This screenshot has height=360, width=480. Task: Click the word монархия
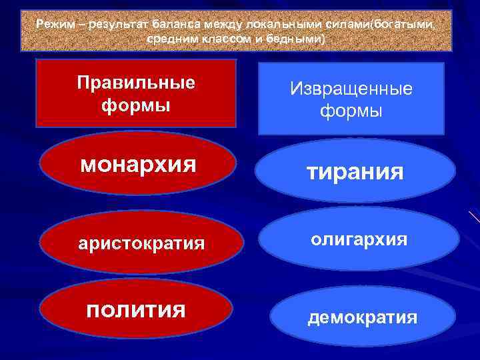pos(138,165)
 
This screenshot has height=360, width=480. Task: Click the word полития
pos(137,309)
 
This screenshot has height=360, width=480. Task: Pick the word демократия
pos(362,317)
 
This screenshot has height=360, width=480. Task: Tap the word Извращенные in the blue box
pos(351,89)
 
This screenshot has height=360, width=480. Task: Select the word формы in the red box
pos(136,105)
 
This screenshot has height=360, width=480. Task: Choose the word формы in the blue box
pos(351,111)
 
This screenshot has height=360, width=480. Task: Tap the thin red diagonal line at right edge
pos(474,216)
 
